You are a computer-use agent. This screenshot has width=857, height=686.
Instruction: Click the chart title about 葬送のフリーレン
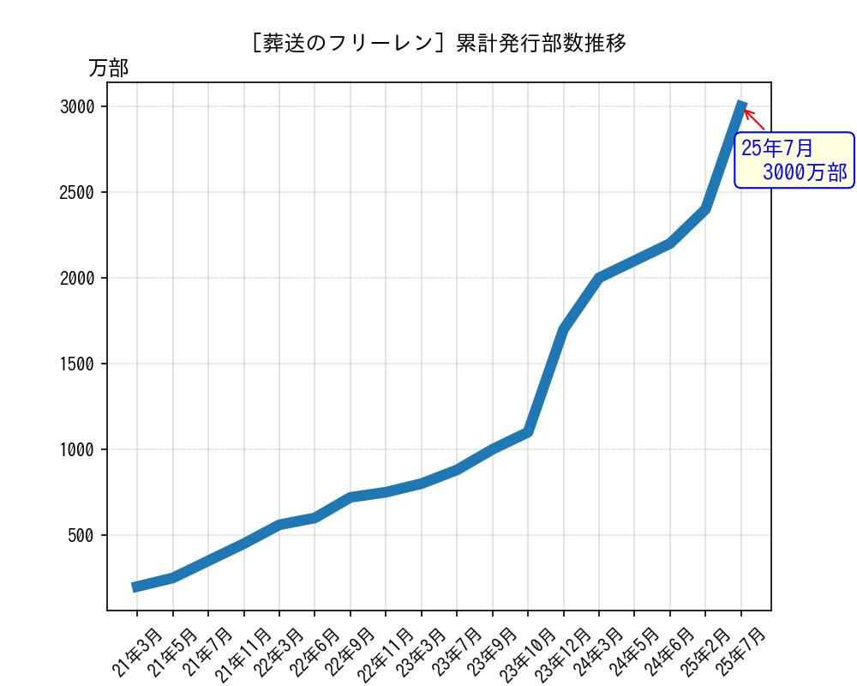point(439,43)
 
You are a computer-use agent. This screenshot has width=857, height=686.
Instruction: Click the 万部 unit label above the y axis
point(109,69)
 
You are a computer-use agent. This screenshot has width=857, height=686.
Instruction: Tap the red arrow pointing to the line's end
point(754,119)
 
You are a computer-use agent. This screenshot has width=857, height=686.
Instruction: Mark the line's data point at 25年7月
point(741,106)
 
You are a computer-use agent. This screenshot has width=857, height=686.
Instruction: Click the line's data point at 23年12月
point(563,329)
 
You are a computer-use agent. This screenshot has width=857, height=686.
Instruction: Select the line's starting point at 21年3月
point(137,587)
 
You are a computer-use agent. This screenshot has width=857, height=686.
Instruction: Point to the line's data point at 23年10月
point(528,432)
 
